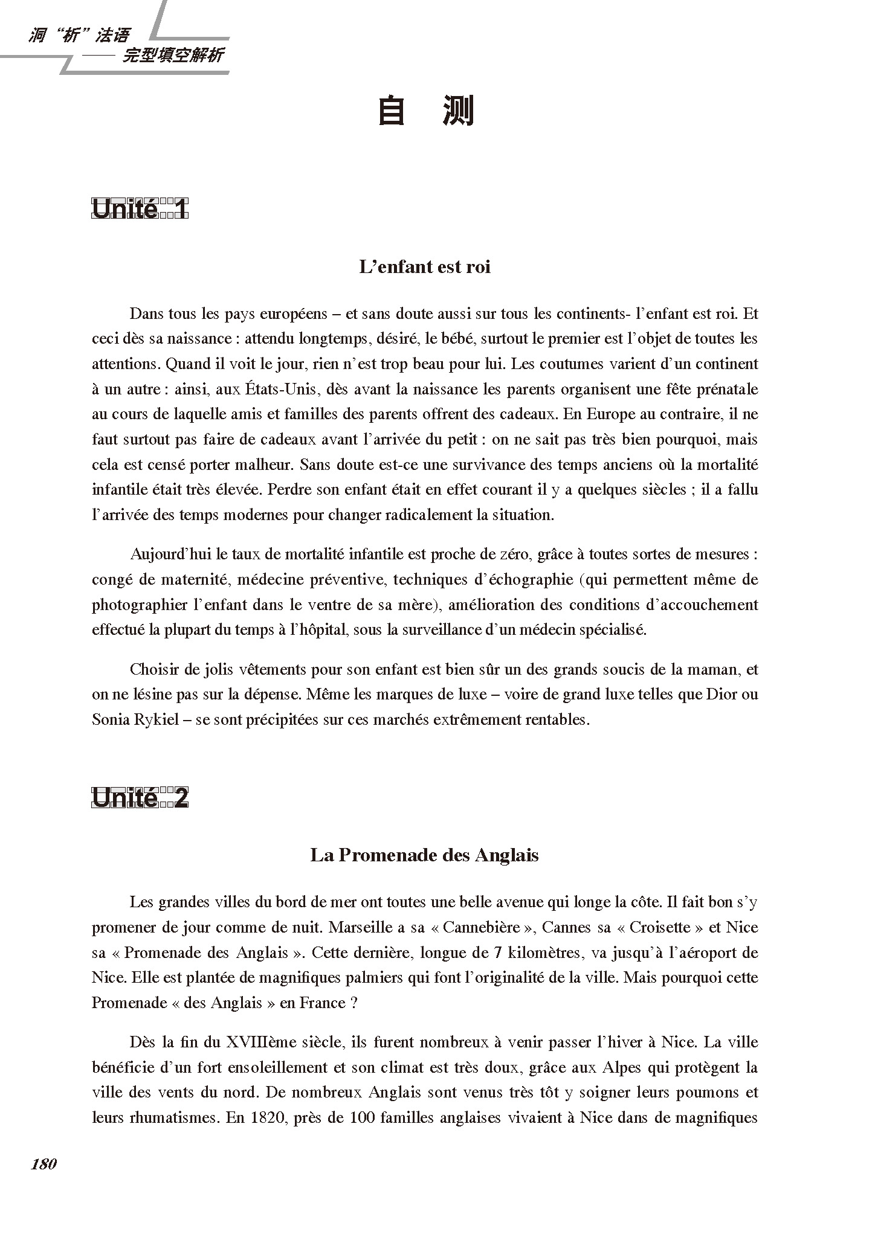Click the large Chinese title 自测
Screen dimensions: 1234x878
[425, 112]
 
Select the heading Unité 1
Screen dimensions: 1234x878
[140, 210]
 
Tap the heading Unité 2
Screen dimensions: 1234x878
[140, 799]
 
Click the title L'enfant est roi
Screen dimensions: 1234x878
[425, 266]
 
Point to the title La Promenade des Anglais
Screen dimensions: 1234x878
[424, 855]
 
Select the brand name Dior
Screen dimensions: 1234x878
[723, 694]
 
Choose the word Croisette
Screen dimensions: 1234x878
[661, 927]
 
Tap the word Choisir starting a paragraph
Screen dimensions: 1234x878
[152, 669]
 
